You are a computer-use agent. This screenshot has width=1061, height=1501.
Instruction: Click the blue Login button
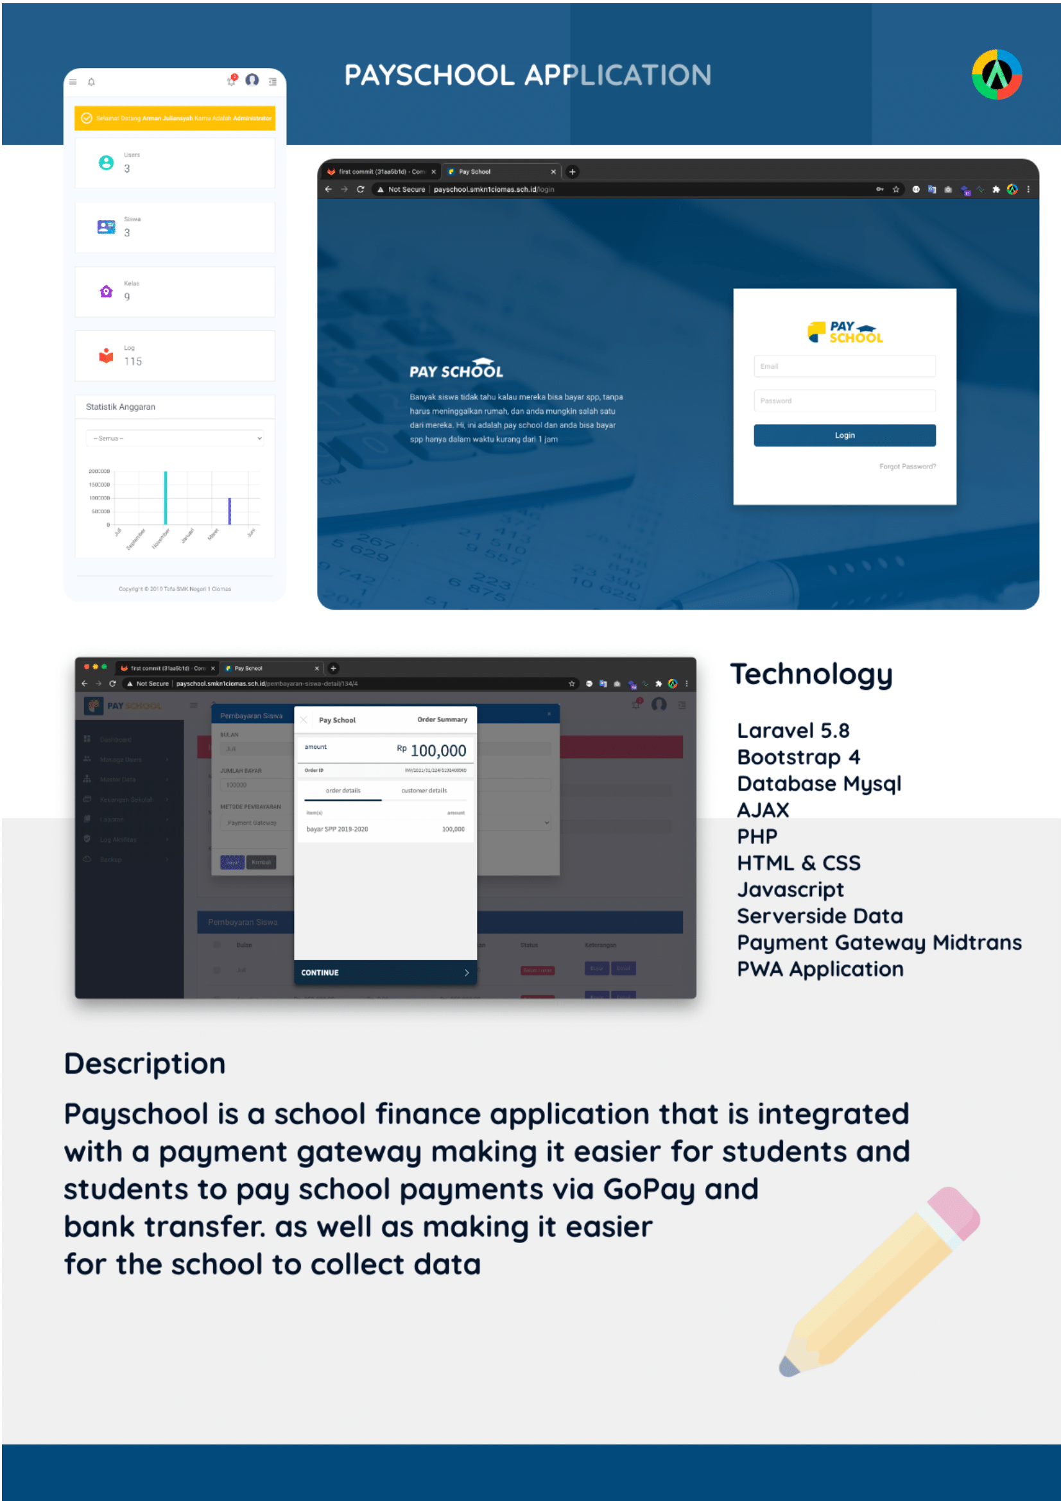click(844, 435)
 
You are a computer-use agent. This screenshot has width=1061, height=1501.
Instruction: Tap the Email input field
click(844, 366)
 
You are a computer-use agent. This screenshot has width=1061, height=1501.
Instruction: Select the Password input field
click(844, 400)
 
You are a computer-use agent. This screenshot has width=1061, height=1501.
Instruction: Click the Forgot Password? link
click(907, 467)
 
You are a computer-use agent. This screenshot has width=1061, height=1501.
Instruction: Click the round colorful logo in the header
click(996, 74)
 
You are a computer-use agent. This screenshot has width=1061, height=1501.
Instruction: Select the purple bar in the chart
click(229, 511)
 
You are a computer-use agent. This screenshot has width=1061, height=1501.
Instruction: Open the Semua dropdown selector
click(175, 438)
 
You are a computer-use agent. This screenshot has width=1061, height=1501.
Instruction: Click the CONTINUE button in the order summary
click(384, 972)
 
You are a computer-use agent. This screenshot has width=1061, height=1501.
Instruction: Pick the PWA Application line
click(820, 969)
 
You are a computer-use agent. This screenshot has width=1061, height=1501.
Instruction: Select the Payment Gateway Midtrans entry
click(879, 942)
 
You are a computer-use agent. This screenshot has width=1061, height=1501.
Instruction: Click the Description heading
click(144, 1063)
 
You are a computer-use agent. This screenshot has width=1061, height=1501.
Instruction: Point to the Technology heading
click(811, 674)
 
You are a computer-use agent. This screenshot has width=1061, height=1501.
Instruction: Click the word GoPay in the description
click(647, 1189)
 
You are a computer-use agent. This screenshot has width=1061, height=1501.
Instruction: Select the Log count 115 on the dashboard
click(133, 361)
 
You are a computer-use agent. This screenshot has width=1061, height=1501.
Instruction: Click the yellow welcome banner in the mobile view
click(175, 118)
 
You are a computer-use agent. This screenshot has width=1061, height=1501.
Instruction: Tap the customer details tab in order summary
click(424, 791)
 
